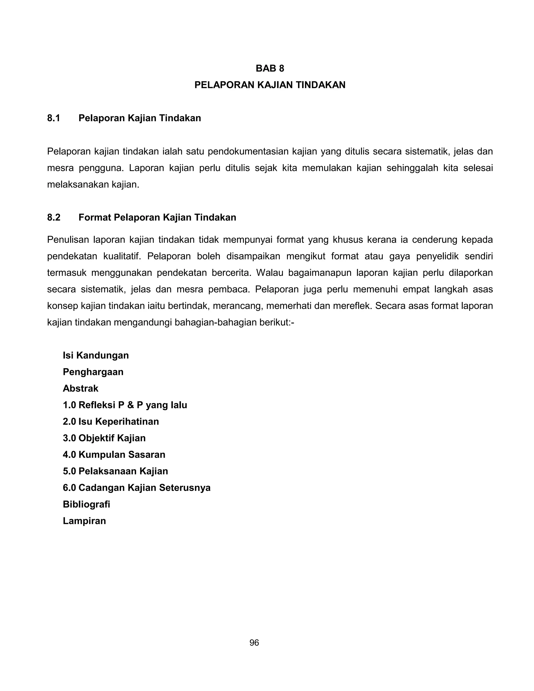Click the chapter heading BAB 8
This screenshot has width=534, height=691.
(x=270, y=68)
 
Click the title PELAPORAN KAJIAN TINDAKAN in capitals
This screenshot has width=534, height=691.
(x=270, y=85)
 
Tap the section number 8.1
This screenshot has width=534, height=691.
(x=53, y=118)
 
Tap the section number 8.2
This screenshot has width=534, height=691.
(x=53, y=218)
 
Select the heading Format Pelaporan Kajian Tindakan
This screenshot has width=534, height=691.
(x=157, y=218)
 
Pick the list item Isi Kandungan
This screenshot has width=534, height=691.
(x=95, y=355)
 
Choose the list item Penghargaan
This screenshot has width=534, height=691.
(x=93, y=372)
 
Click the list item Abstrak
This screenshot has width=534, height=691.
(x=80, y=389)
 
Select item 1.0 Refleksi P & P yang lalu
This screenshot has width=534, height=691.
(x=125, y=405)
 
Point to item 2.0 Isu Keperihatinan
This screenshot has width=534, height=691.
(x=111, y=421)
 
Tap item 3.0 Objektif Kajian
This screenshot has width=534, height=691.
(x=104, y=438)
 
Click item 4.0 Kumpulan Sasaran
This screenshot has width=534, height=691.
(x=114, y=455)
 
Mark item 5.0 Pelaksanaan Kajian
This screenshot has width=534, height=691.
(x=115, y=471)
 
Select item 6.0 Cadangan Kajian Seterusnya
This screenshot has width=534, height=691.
(x=136, y=488)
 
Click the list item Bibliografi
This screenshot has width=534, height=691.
(x=86, y=504)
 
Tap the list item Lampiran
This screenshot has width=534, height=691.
(x=84, y=521)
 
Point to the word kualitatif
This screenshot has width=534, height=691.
(x=122, y=256)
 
